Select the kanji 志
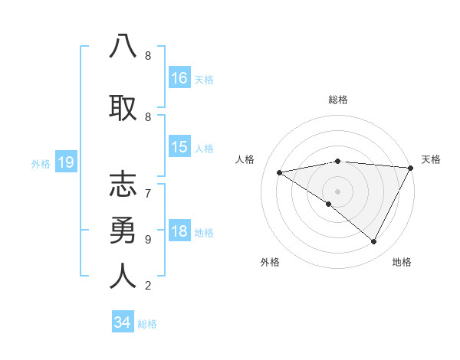pyautogui.click(x=123, y=185)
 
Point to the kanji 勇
pyautogui.click(x=123, y=230)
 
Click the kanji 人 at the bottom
pyautogui.click(x=123, y=276)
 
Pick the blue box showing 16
pyautogui.click(x=179, y=78)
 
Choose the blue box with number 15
pyautogui.click(x=179, y=147)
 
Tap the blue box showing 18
pyautogui.click(x=179, y=232)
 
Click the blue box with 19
pyautogui.click(x=65, y=162)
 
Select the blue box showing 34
pyautogui.click(x=123, y=322)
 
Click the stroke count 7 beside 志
pyautogui.click(x=148, y=186)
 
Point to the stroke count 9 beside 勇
pyautogui.click(x=148, y=239)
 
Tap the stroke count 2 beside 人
pyautogui.click(x=148, y=286)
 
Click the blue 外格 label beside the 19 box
pyautogui.click(x=41, y=163)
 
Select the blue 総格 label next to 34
pyautogui.click(x=147, y=323)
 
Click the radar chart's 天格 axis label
pyautogui.click(x=431, y=159)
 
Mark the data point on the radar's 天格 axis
pyautogui.click(x=411, y=168)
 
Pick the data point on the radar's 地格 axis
pyautogui.click(x=374, y=242)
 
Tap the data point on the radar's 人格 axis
pyautogui.click(x=279, y=172)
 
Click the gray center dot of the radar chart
pyautogui.click(x=337, y=190)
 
